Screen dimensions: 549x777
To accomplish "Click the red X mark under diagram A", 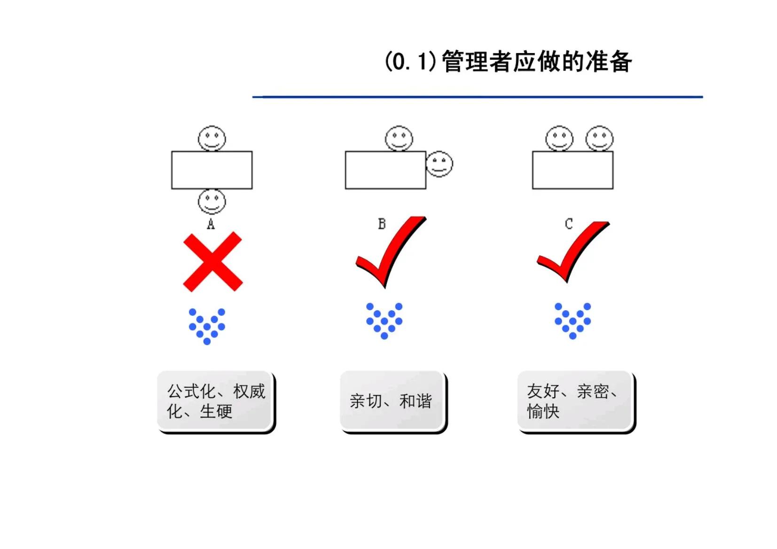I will click(212, 261).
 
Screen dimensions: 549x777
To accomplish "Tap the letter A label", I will click(211, 225).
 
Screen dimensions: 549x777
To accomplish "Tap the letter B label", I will click(382, 224).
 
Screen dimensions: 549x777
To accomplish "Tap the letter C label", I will click(568, 224).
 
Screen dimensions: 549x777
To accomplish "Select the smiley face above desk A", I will click(212, 139).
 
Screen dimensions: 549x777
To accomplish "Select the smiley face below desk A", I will click(212, 202).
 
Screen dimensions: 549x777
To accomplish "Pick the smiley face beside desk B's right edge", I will click(439, 164).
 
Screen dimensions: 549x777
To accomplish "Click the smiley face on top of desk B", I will click(399, 139).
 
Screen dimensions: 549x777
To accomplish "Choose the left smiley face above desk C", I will click(559, 139).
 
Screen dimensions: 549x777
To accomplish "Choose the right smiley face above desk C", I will click(599, 139).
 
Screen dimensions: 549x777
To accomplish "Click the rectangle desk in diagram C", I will click(572, 170).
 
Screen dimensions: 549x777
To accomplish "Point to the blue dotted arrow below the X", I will click(207, 326).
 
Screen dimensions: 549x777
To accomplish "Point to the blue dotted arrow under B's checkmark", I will click(384, 321).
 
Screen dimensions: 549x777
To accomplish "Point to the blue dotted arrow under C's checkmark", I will click(572, 321).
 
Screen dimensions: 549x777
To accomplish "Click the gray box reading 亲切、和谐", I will click(392, 401).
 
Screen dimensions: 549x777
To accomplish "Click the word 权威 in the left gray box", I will click(249, 391).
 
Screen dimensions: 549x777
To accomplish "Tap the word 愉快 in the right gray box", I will click(543, 411).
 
